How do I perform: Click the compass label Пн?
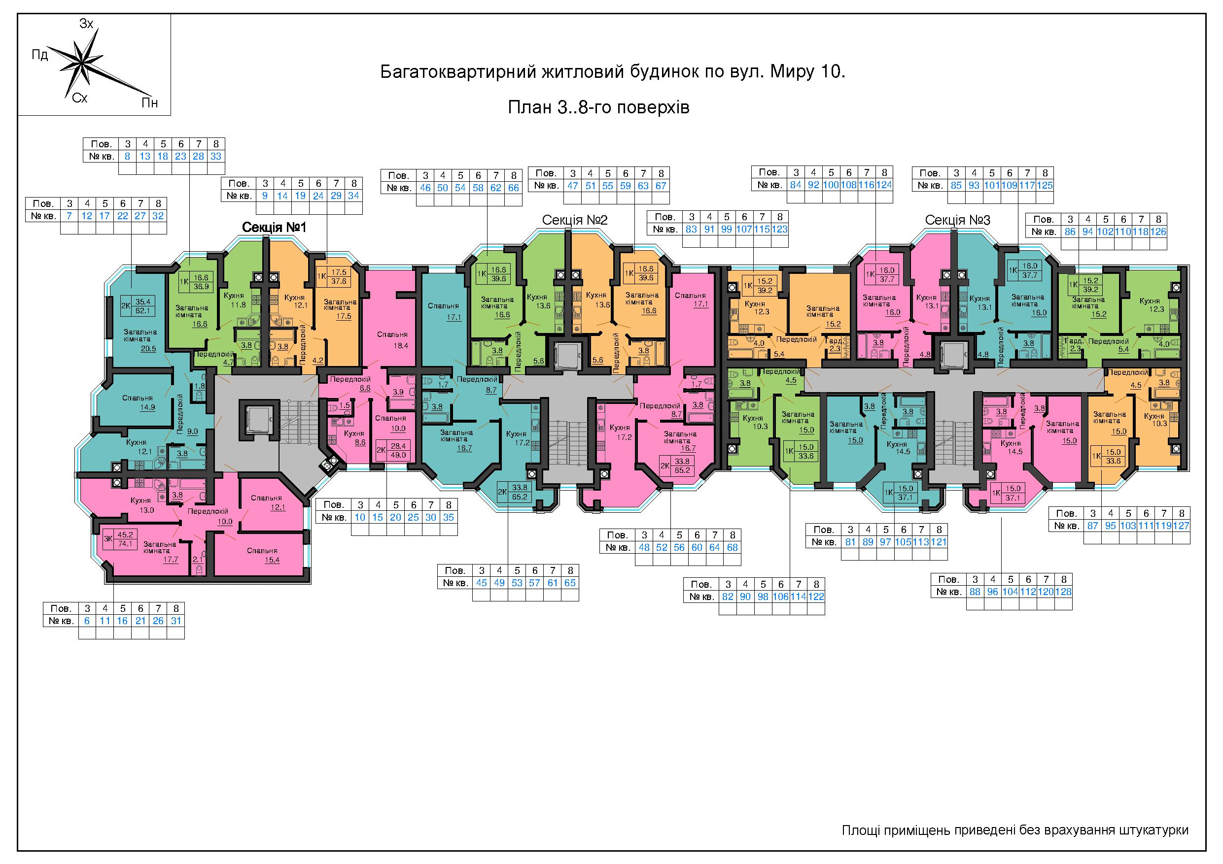click(x=150, y=103)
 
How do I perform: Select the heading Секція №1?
click(x=274, y=227)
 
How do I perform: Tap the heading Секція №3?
click(x=958, y=220)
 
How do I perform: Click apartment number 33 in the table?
click(x=216, y=157)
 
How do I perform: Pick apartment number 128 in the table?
click(x=1063, y=592)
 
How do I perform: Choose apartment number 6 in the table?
click(x=87, y=621)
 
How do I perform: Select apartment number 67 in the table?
click(x=661, y=186)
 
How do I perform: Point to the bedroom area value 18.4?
click(x=401, y=345)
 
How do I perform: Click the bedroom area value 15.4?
click(x=272, y=560)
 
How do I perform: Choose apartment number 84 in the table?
click(x=796, y=185)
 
